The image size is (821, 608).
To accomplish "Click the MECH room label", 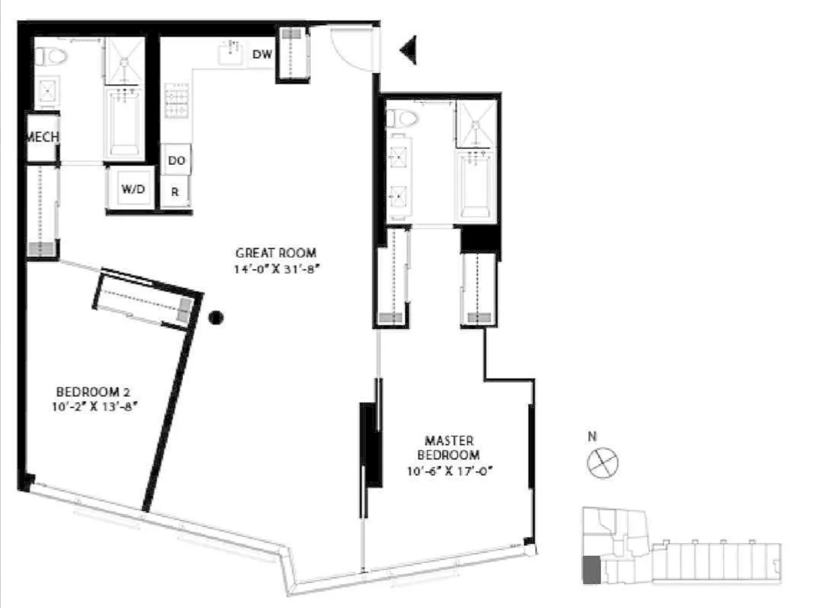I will click(x=43, y=137).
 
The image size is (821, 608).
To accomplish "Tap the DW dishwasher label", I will click(x=262, y=54).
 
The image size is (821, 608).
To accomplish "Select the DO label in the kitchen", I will click(x=176, y=161).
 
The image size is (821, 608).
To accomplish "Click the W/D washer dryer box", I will click(x=133, y=189).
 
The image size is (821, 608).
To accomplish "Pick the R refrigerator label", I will click(x=175, y=192).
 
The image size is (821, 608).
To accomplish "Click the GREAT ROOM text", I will click(x=276, y=253).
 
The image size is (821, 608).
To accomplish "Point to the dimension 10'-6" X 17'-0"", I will click(x=452, y=472).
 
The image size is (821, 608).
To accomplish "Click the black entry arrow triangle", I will click(x=409, y=50).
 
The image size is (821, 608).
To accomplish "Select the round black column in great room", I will click(x=215, y=318).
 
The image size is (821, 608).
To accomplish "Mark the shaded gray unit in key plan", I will click(x=590, y=570).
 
